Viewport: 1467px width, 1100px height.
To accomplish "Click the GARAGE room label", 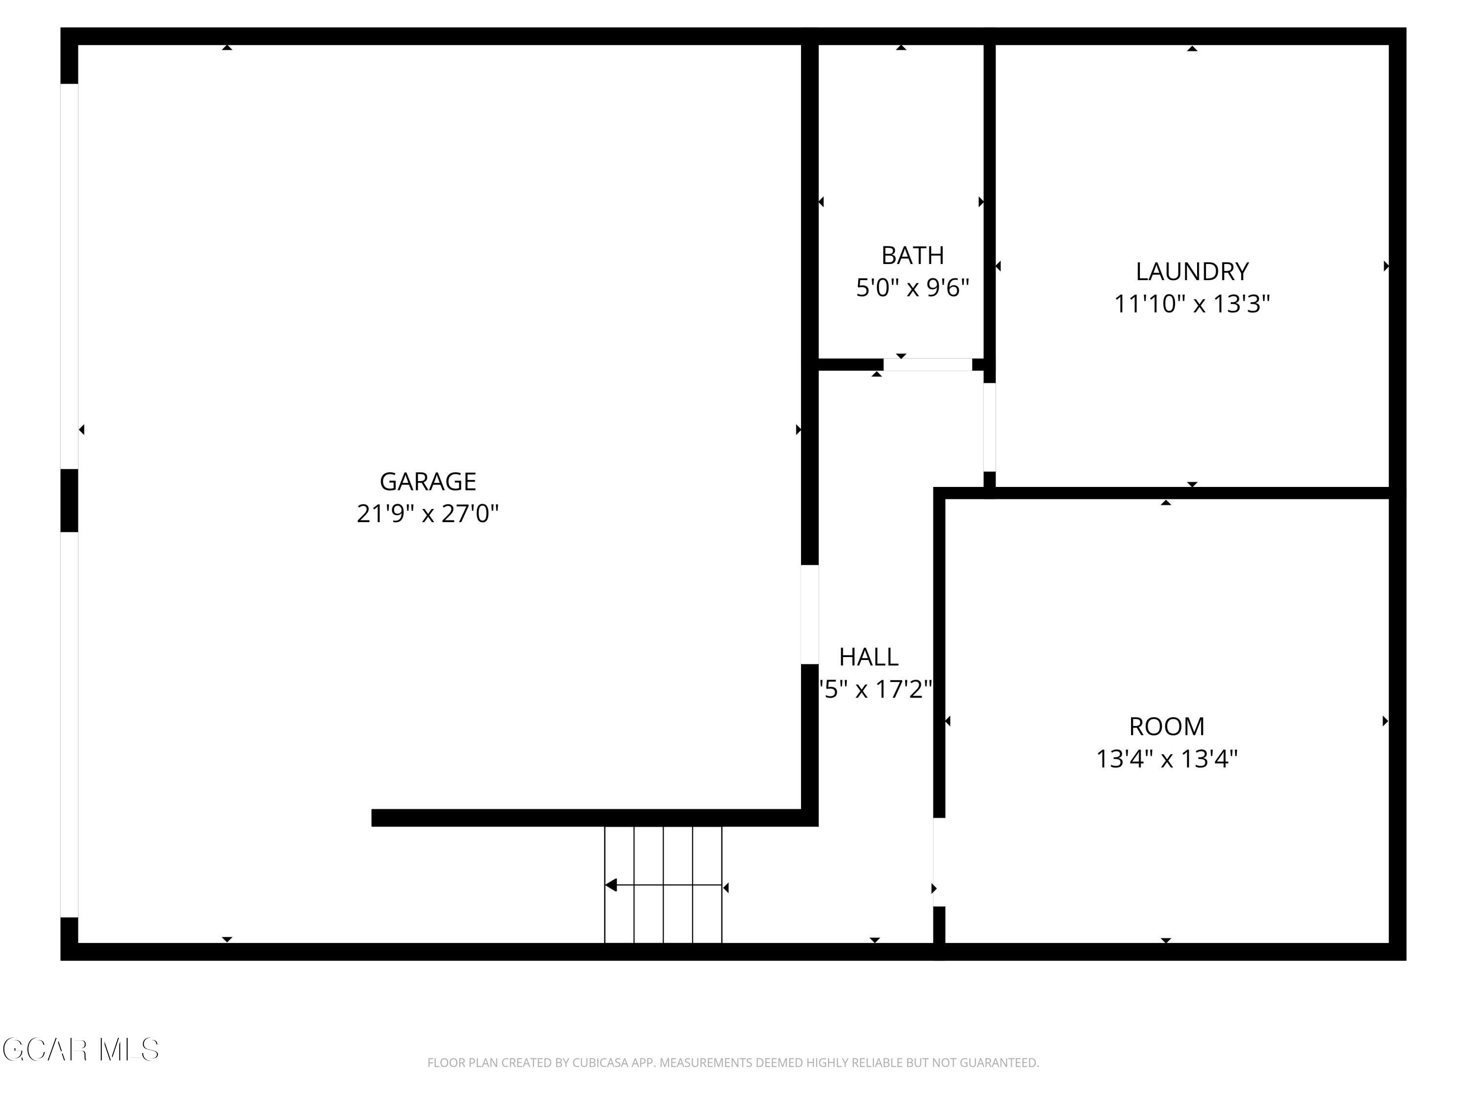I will click(x=428, y=482).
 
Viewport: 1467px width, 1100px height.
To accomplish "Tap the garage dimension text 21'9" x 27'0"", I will click(x=428, y=514).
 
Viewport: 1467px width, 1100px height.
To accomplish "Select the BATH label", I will click(x=912, y=255).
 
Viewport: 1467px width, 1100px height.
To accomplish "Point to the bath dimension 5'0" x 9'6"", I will click(x=912, y=288).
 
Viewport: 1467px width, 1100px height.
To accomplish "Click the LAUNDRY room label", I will click(x=1192, y=272).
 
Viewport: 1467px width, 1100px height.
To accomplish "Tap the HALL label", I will click(x=869, y=657).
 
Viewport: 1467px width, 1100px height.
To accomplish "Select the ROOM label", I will click(x=1167, y=726).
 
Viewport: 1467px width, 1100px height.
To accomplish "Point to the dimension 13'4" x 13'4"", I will click(x=1167, y=759).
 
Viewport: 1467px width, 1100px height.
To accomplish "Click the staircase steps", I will click(x=663, y=884).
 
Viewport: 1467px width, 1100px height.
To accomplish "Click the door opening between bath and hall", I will click(x=927, y=365).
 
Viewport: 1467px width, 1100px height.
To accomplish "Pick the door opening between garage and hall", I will click(x=810, y=614).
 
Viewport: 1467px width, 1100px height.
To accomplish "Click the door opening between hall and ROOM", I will click(x=939, y=862).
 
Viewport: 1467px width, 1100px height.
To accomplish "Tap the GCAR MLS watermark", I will click(x=81, y=1050).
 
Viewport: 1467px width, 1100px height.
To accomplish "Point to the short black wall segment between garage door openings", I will click(x=69, y=501).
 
